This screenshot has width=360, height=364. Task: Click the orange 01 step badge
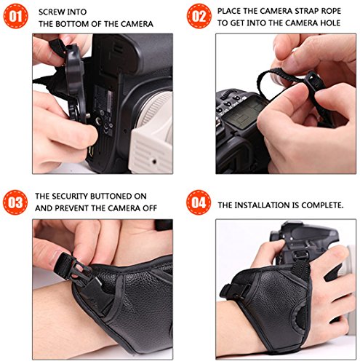[16, 16]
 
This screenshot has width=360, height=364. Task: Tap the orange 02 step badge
[199, 16]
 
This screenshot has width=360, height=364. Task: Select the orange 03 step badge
[15, 202]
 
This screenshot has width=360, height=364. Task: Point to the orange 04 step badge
[199, 202]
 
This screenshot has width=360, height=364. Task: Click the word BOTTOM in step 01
[84, 24]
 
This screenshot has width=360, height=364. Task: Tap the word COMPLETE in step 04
[322, 205]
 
